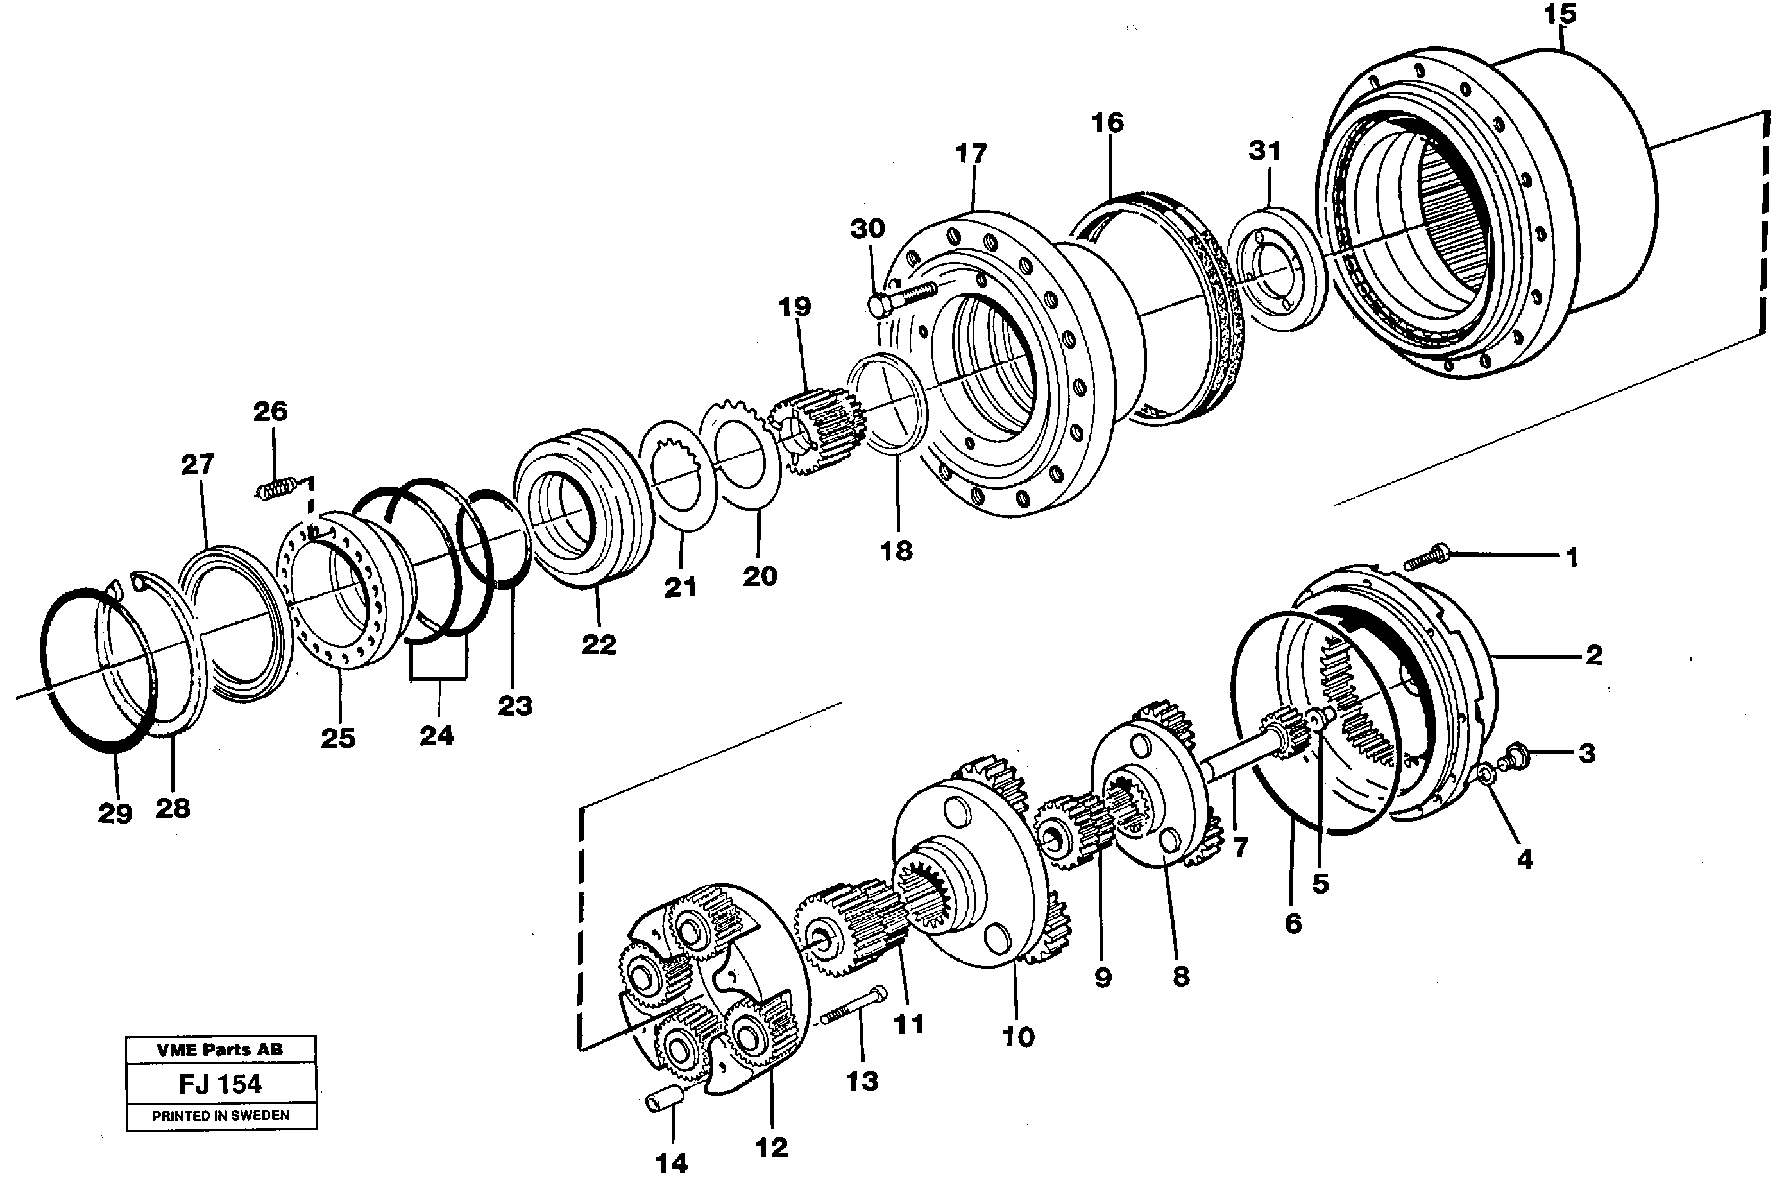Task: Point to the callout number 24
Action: (437, 735)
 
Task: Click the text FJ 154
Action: (220, 1084)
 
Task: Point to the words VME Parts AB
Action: (219, 1050)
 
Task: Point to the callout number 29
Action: (115, 813)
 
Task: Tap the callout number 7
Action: (1240, 847)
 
